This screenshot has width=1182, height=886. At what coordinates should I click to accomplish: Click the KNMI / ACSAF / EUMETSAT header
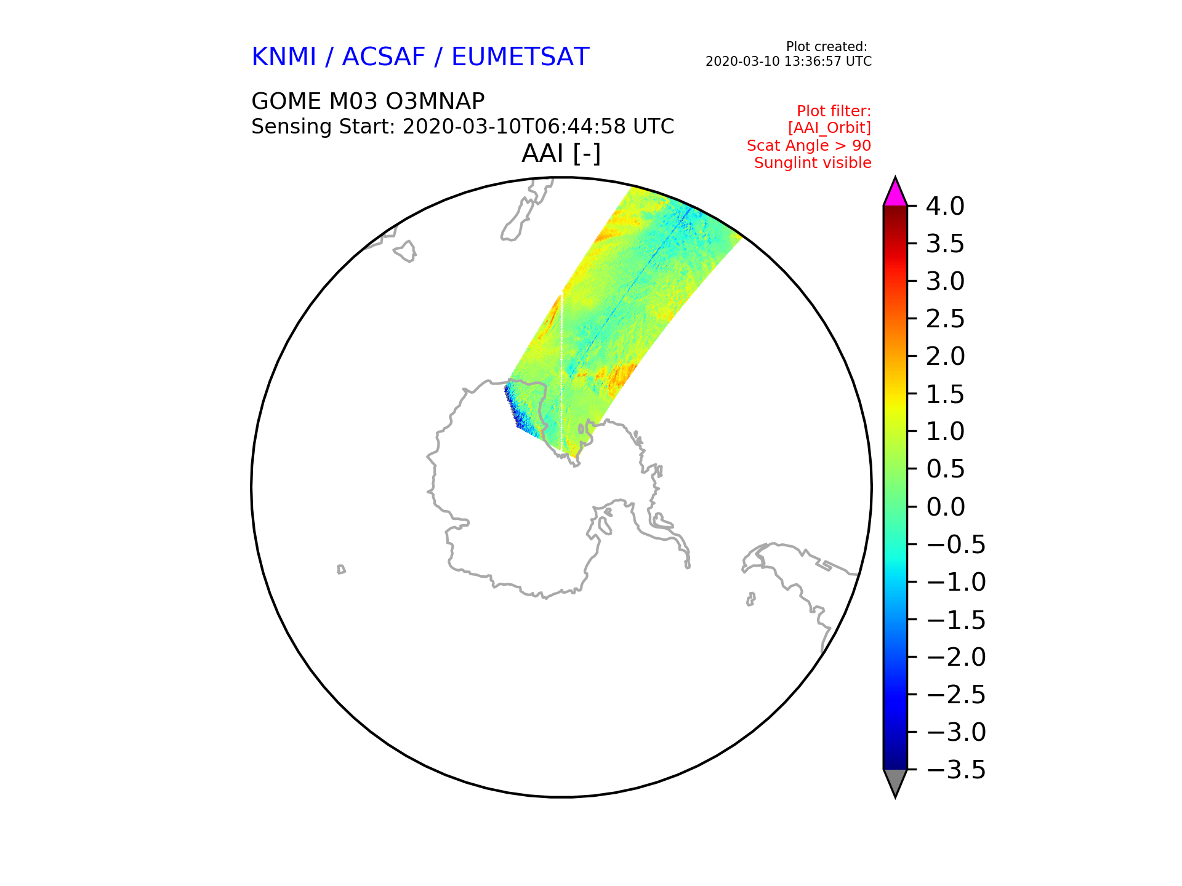pyautogui.click(x=420, y=57)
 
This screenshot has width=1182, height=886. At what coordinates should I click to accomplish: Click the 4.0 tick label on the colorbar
pyautogui.click(x=945, y=206)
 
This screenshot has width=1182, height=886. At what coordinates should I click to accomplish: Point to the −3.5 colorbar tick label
pyautogui.click(x=956, y=770)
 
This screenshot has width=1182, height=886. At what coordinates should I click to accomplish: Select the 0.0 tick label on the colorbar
pyautogui.click(x=945, y=507)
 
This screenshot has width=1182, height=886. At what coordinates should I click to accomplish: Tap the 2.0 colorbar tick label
pyautogui.click(x=945, y=356)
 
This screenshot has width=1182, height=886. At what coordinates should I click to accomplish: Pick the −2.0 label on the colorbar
pyautogui.click(x=956, y=657)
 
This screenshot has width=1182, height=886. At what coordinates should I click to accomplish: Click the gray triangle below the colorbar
pyautogui.click(x=895, y=782)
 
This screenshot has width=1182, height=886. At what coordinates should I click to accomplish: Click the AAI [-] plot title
pyautogui.click(x=561, y=154)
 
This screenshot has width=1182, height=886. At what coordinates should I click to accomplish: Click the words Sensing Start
pyautogui.click(x=321, y=127)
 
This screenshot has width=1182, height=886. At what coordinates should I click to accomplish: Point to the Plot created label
pyautogui.click(x=827, y=47)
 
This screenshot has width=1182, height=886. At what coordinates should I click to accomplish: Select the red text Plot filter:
pyautogui.click(x=834, y=111)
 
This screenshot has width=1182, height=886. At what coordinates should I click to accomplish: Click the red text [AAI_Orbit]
pyautogui.click(x=830, y=128)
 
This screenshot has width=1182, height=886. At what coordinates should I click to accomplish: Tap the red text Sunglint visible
pyautogui.click(x=813, y=163)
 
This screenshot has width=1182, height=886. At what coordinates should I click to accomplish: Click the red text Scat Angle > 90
pyautogui.click(x=809, y=146)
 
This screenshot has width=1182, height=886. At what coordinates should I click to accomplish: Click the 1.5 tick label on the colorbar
pyautogui.click(x=945, y=394)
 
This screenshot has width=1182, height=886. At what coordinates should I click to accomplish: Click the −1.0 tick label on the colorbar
pyautogui.click(x=956, y=582)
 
